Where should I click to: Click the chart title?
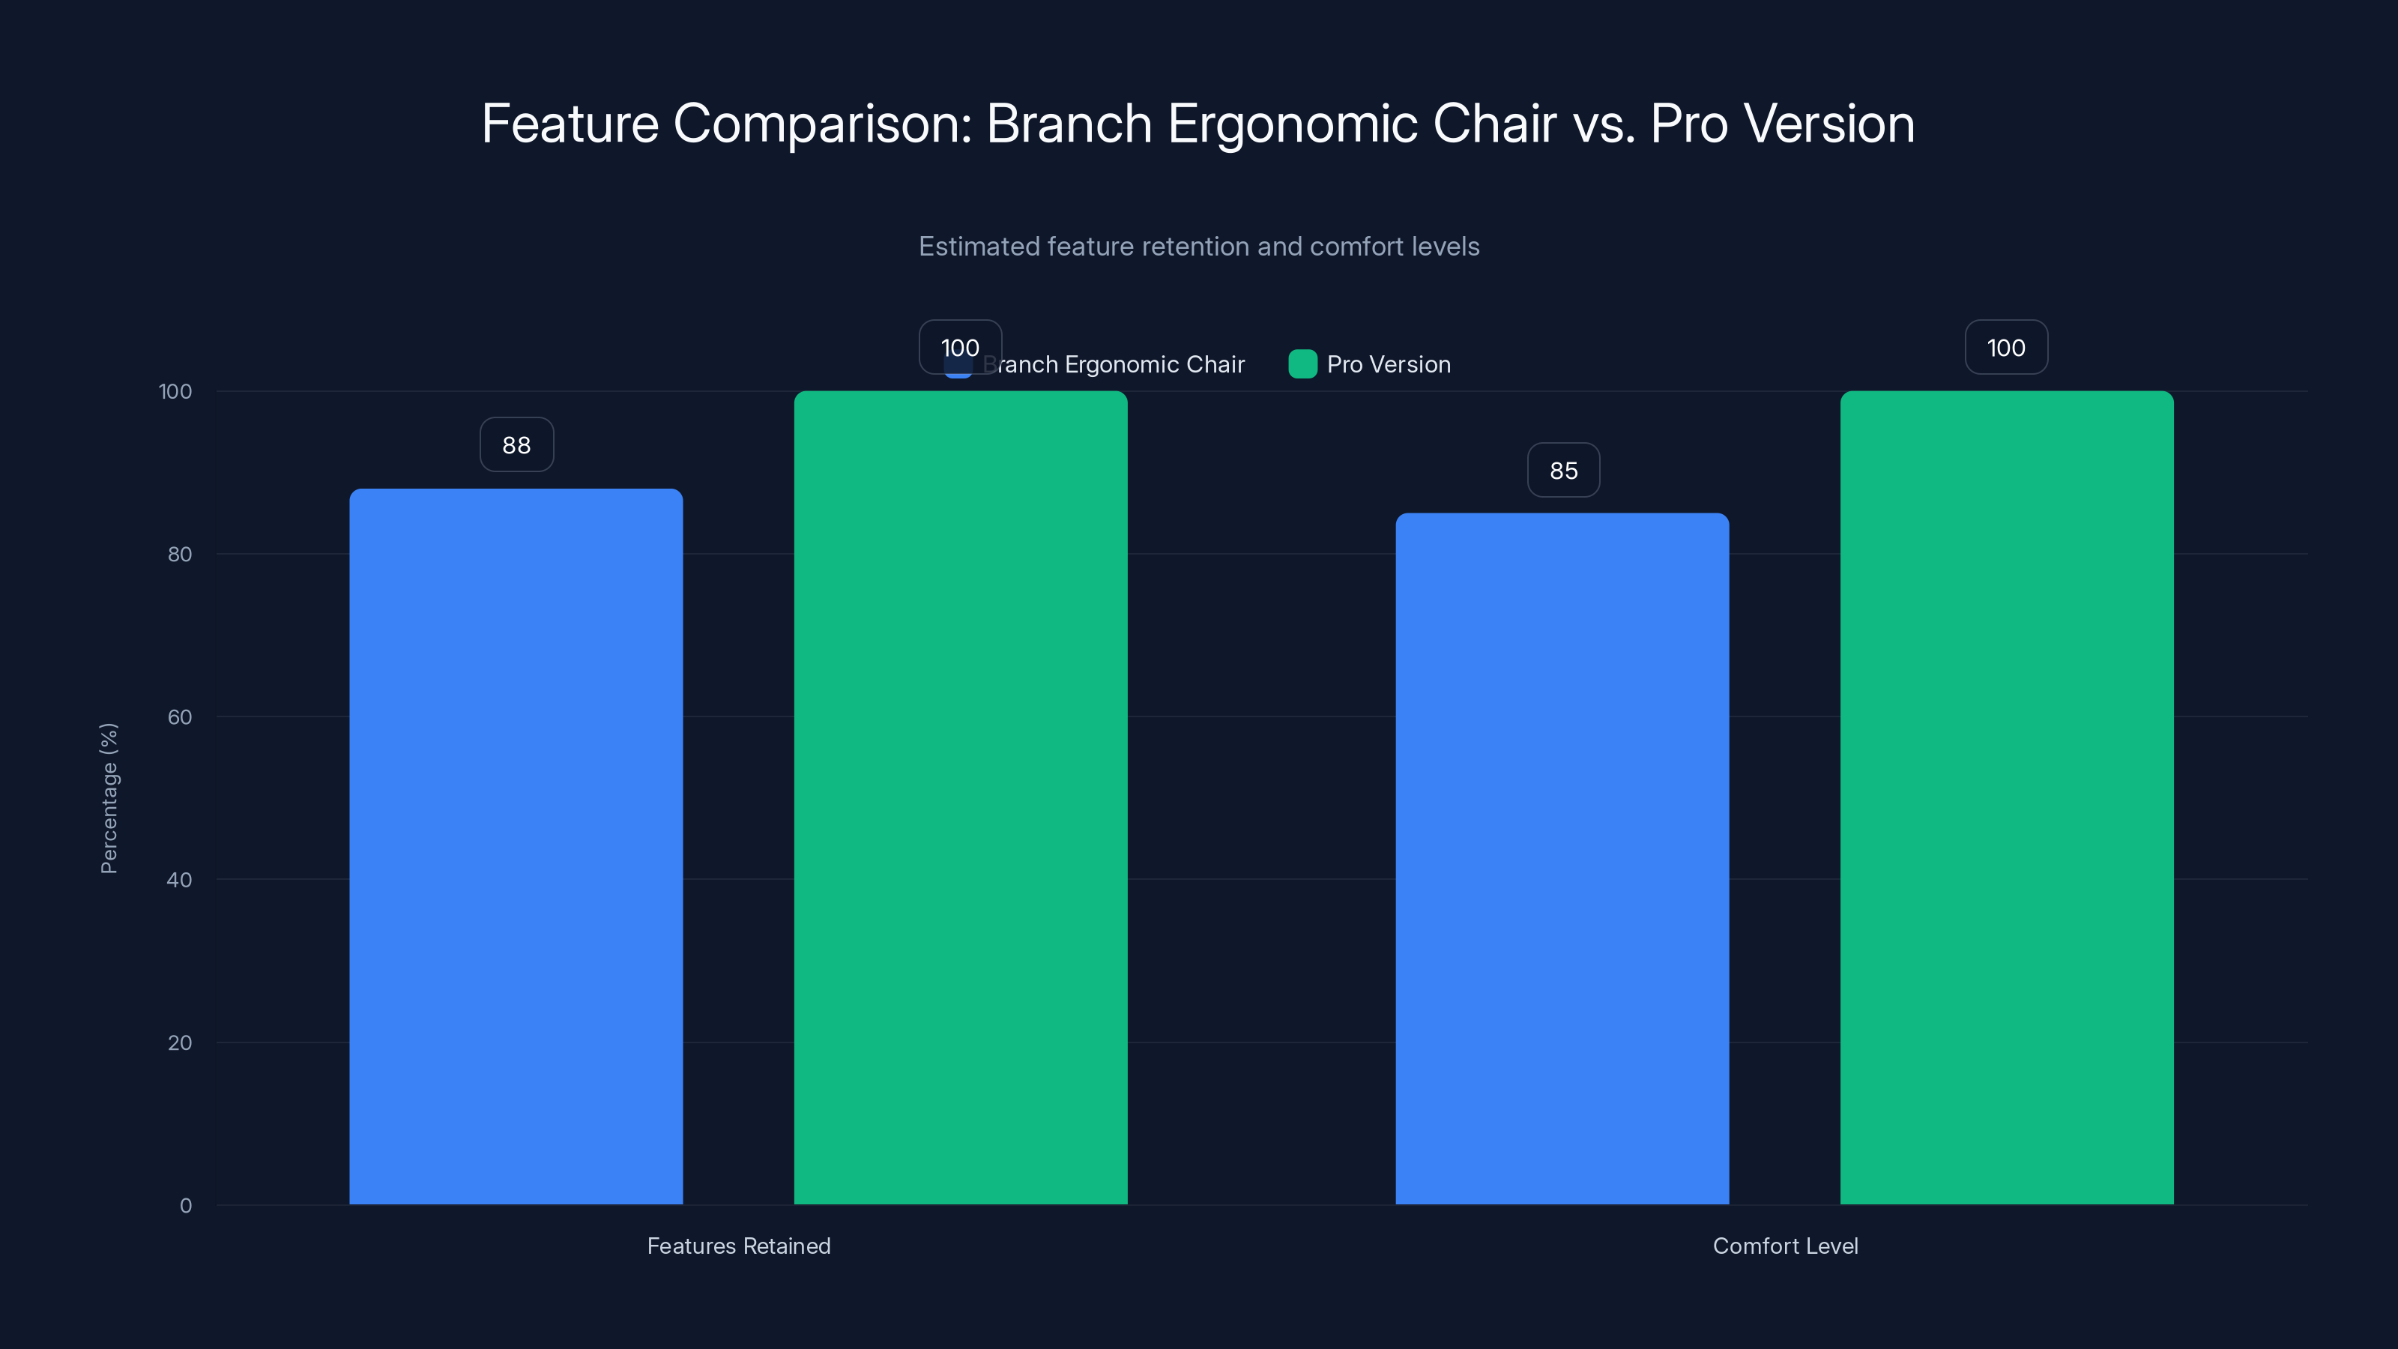tap(1198, 124)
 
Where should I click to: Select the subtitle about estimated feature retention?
tap(1199, 247)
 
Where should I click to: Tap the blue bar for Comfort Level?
tap(1562, 857)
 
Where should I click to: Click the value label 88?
tap(516, 445)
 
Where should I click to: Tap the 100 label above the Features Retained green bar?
tap(960, 347)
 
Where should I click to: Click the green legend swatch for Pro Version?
tap(1302, 364)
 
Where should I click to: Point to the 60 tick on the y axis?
tap(180, 717)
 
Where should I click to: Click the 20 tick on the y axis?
tap(180, 1042)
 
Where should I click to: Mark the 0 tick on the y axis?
tap(185, 1206)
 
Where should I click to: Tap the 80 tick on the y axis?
tap(180, 554)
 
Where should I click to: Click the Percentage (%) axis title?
tap(109, 798)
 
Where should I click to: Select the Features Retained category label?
tap(738, 1246)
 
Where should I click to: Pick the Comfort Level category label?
tap(1784, 1246)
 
